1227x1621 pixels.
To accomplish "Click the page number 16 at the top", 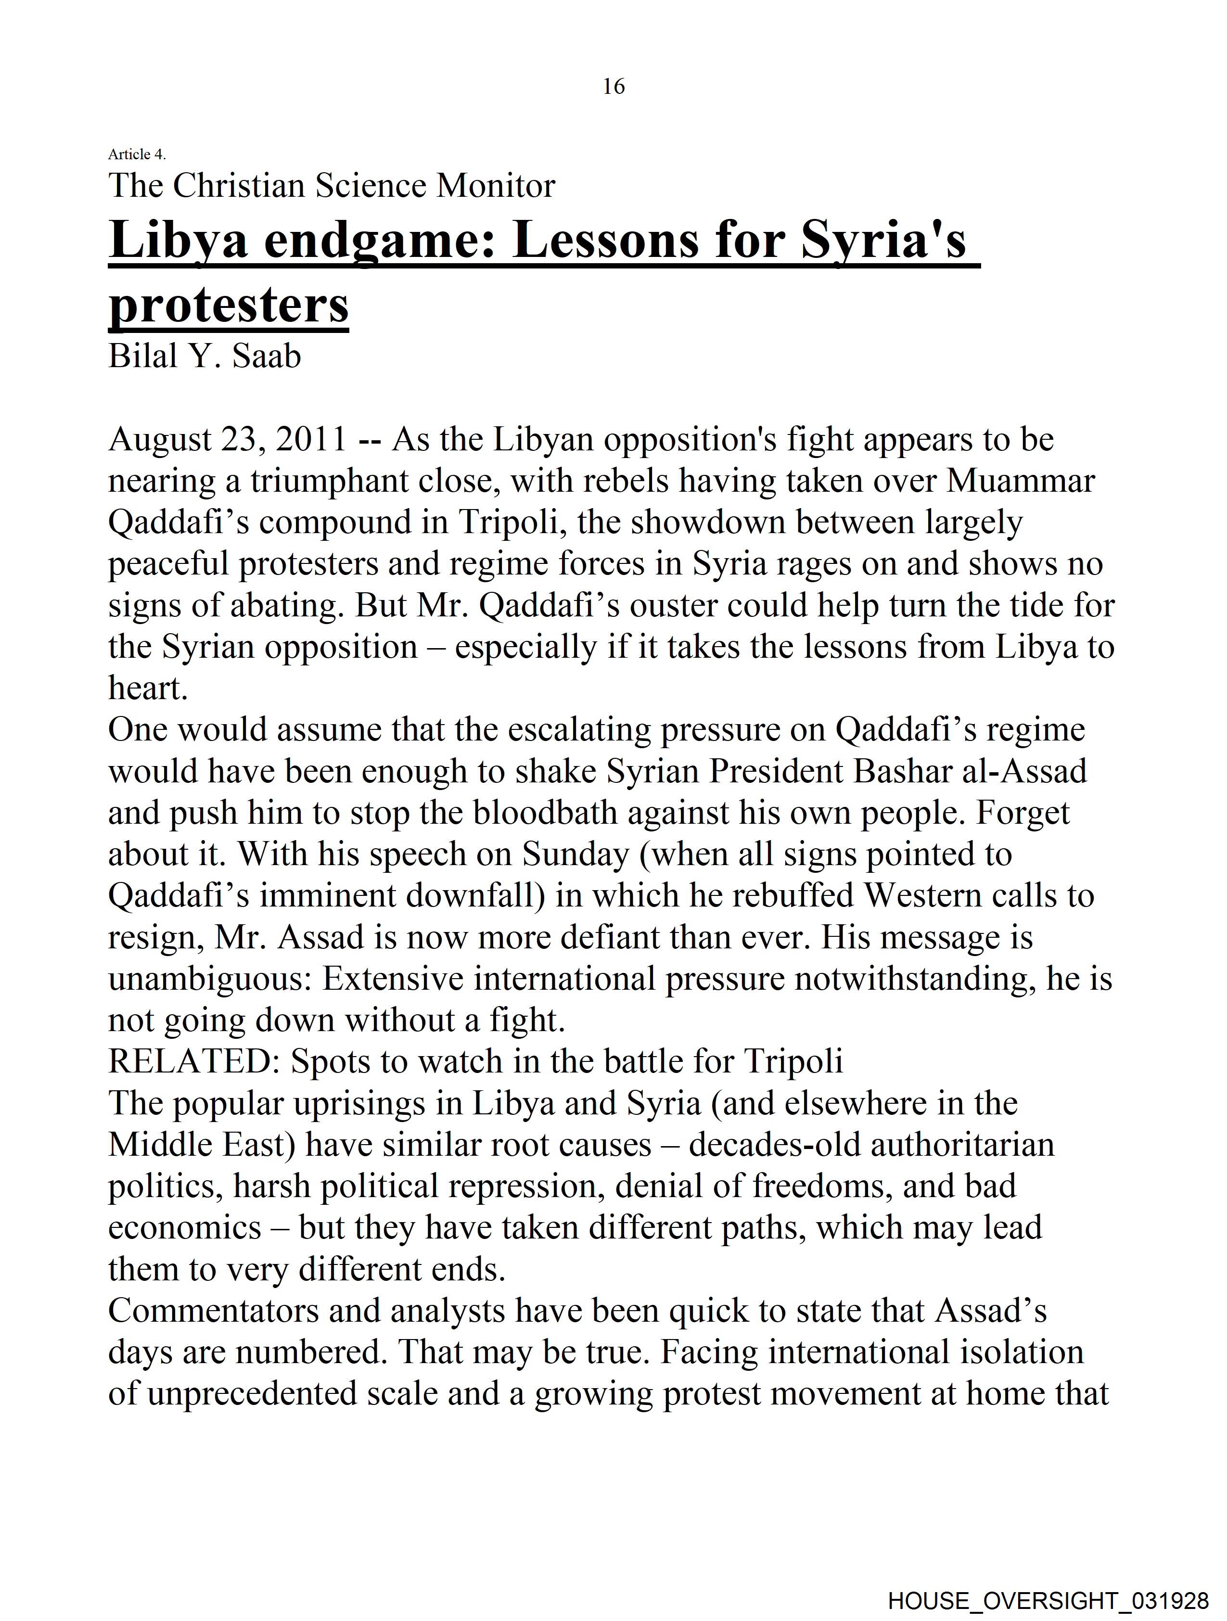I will (x=613, y=87).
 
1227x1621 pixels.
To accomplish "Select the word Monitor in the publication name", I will (x=496, y=185).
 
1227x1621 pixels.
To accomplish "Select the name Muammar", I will (x=1020, y=482).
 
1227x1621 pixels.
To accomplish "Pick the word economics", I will (x=184, y=1228).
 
